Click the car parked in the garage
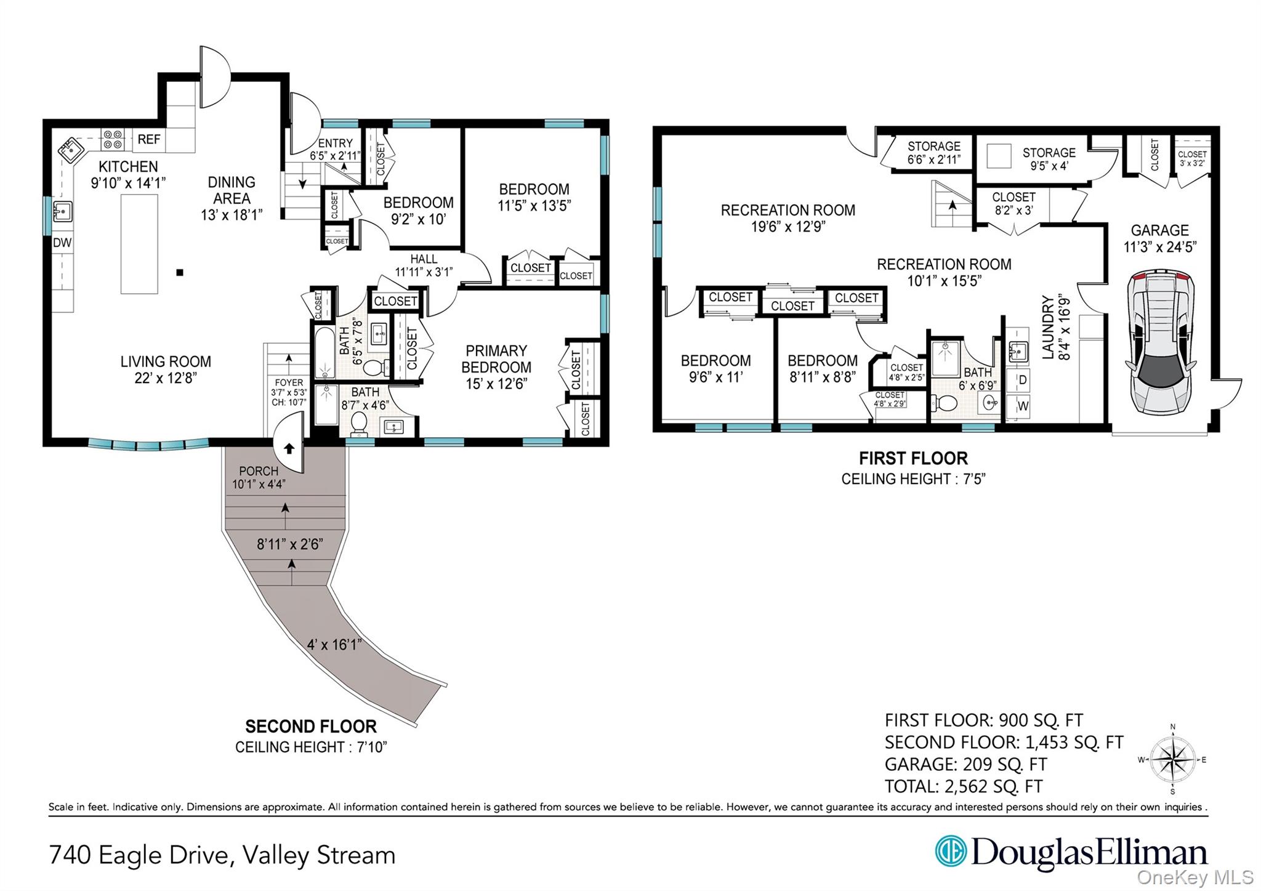pos(1161,342)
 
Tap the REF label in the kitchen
pos(149,139)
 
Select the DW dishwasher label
pos(62,243)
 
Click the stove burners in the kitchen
pos(112,139)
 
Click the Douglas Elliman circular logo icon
pos(951,852)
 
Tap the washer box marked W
pos(1022,406)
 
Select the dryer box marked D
pos(1022,380)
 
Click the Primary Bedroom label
pos(496,359)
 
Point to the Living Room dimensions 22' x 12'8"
pos(166,378)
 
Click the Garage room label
pos(1160,230)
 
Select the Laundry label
pos(1048,328)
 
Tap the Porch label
pos(259,471)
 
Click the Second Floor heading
pos(311,726)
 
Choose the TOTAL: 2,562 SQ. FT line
pos(964,786)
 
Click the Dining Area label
pos(232,190)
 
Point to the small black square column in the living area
pos(179,272)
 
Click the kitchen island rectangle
pos(139,244)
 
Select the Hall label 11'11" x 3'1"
pos(424,265)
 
